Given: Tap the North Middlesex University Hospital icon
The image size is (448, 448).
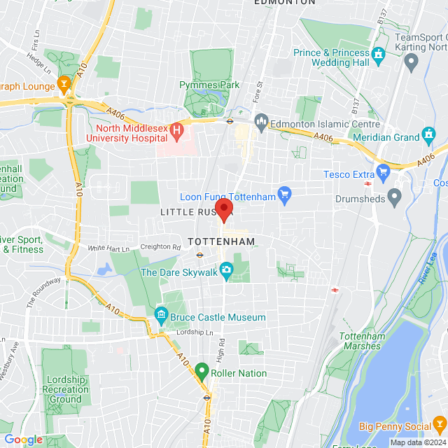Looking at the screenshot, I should coord(177,129).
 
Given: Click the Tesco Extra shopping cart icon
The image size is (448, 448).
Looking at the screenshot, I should coord(383,171).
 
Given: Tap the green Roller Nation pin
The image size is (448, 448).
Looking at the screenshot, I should coord(202,372).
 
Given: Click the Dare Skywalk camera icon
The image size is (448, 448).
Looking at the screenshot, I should coord(226,269).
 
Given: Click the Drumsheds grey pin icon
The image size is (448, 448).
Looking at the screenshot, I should coord(395,199).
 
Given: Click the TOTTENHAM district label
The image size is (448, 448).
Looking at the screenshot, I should coord(221,241).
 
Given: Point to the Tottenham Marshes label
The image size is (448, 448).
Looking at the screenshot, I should coord(362,342).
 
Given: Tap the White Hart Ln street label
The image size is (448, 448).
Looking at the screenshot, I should coord(109,248).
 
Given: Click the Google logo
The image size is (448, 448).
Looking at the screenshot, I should coord(23,439).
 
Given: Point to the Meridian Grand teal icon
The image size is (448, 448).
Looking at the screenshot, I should coord(429,134).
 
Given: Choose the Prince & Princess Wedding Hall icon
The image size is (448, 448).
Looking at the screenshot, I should coord(379,53).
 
